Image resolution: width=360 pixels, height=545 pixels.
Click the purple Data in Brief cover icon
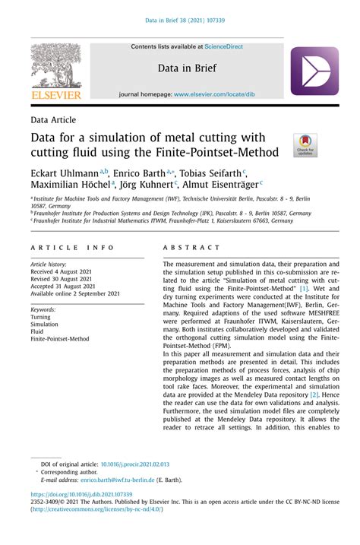[x=314, y=71]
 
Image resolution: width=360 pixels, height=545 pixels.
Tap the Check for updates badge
[x=304, y=145]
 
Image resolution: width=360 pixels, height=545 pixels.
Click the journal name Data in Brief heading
[x=187, y=68]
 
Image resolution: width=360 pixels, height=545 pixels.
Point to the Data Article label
[x=53, y=120]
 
